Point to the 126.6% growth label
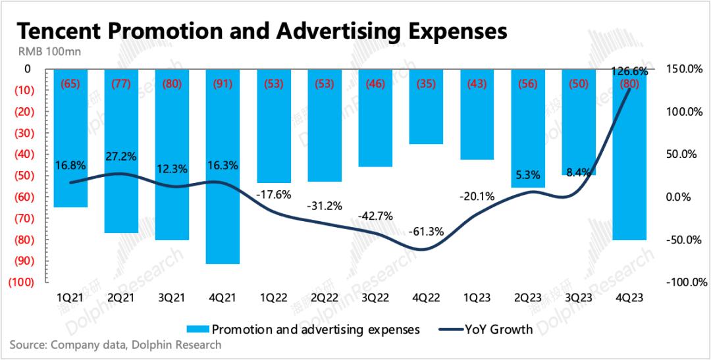tap(630, 71)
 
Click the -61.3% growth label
tap(426, 231)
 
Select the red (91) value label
tap(223, 84)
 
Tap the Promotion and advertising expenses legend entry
tap(303, 330)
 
